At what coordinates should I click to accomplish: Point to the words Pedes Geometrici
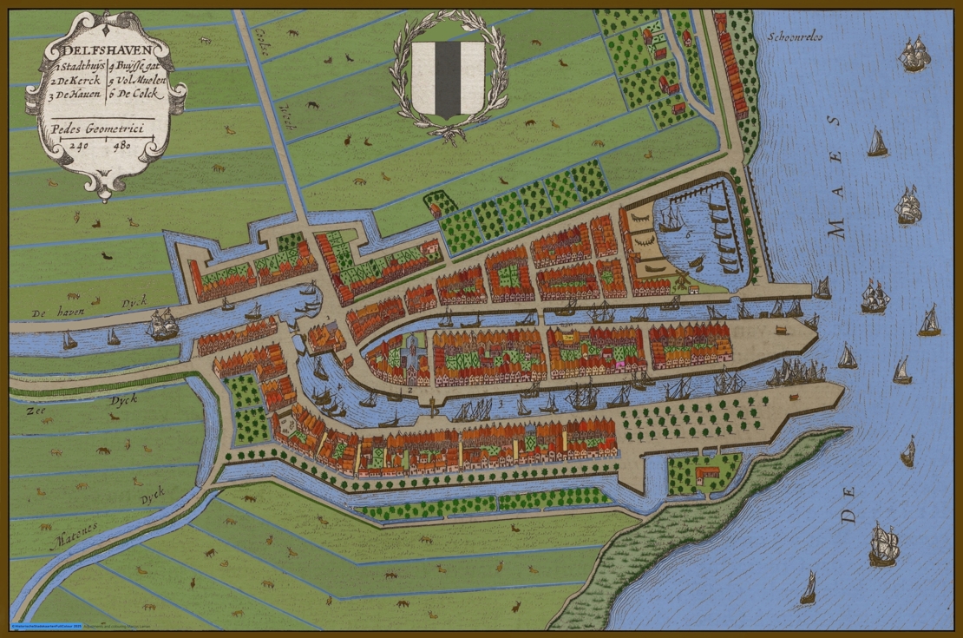click(96, 128)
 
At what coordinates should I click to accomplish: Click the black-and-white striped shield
click(447, 78)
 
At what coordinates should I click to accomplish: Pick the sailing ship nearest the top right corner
click(914, 55)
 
